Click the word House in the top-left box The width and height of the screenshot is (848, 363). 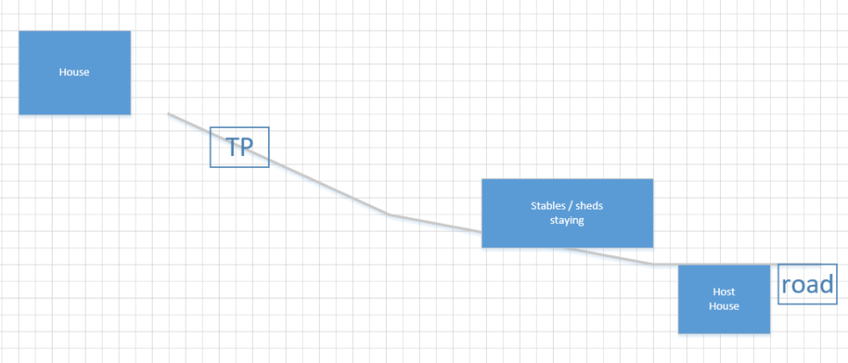tap(74, 72)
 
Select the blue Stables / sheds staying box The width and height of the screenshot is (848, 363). tap(567, 213)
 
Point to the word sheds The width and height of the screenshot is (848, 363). tap(589, 205)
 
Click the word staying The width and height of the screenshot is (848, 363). tap(567, 221)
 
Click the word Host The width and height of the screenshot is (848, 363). tap(724, 292)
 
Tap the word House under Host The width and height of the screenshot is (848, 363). tap(724, 306)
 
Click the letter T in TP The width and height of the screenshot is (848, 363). tap(232, 147)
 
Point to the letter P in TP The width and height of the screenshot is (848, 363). tap(247, 147)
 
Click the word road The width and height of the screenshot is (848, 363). tap(807, 284)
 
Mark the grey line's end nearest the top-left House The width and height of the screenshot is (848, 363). tap(168, 114)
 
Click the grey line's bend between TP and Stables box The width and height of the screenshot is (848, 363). tap(389, 215)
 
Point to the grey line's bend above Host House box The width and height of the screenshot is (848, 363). tap(653, 264)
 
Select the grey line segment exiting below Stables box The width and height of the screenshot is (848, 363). tap(605, 256)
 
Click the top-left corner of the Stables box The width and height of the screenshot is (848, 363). tap(482, 179)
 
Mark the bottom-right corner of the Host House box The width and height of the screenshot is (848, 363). tap(770, 333)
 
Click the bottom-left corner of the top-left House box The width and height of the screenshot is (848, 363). tap(19, 114)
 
